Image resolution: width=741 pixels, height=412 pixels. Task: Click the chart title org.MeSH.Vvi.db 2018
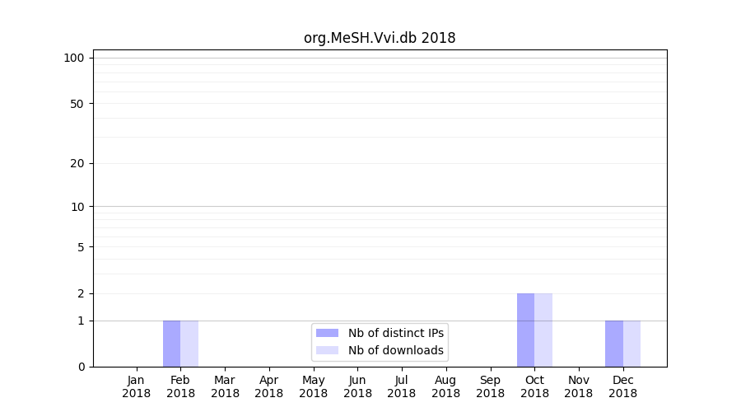coord(380,38)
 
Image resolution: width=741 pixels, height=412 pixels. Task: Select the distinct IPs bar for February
coord(171,344)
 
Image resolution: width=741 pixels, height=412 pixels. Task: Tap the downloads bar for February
coord(189,344)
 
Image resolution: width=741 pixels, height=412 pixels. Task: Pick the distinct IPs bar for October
coord(525,330)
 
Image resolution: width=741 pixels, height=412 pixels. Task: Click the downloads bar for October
coord(543,330)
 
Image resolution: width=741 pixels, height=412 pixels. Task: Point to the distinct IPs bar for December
coord(614,344)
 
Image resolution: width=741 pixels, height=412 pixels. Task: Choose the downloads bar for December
coord(631,344)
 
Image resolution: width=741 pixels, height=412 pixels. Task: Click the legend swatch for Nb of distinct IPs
coord(327,333)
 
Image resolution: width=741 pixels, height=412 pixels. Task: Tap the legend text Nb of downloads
coord(396,350)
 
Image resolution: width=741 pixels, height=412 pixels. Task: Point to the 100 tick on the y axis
coord(74,58)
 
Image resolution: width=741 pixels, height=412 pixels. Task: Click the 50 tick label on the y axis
coord(77,104)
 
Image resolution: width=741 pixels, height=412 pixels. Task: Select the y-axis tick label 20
coord(77,163)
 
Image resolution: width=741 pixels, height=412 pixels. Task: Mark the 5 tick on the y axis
coord(81,246)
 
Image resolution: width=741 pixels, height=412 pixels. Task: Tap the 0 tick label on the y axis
coord(81,367)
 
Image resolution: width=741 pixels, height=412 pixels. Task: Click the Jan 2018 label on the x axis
coord(137,386)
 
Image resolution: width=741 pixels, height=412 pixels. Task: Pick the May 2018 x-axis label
coord(314,386)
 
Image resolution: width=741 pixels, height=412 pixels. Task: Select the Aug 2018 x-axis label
coord(446,386)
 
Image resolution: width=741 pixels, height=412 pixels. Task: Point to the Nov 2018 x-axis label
coord(579,386)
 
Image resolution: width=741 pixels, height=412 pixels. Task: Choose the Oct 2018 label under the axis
coord(534,386)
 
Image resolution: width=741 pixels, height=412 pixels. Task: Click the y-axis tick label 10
coord(77,207)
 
